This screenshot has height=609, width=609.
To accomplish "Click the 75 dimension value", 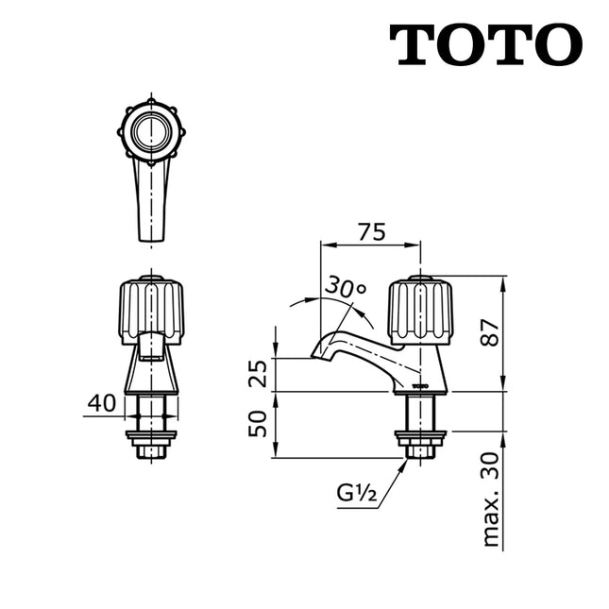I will [x=371, y=232].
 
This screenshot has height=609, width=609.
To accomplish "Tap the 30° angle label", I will [x=347, y=288].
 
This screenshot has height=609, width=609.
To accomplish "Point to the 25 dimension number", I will [x=258, y=374].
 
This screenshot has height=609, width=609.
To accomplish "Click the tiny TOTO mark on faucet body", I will [x=421, y=385].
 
